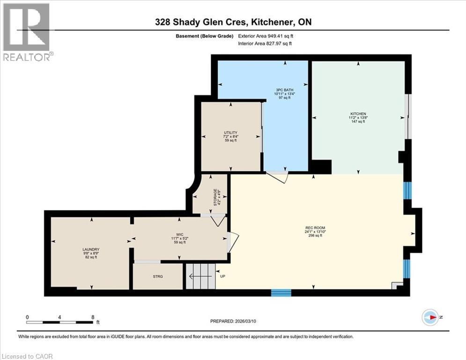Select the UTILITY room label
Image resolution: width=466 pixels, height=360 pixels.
pos(230,133)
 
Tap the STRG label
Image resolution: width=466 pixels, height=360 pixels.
pos(158,277)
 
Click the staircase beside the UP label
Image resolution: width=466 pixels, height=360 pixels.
pos(201,277)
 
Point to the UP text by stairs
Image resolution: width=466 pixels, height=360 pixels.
pos(222,276)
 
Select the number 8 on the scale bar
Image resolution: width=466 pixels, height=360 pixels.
pos(93,317)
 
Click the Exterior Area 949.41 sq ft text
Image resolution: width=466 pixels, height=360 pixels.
pos(268,36)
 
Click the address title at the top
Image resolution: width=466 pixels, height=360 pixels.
pos(233,22)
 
